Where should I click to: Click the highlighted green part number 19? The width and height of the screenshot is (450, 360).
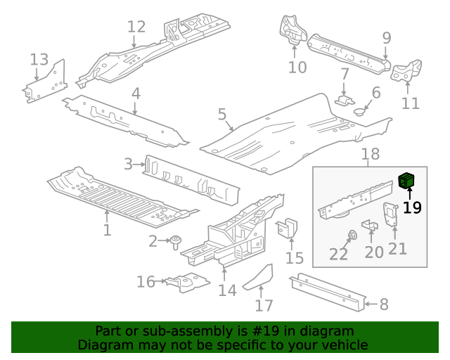(x=407, y=181)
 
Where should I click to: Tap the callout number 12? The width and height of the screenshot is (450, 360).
(x=136, y=27)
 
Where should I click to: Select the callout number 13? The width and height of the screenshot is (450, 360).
(x=39, y=59)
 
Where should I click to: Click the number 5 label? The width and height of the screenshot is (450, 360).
(x=221, y=114)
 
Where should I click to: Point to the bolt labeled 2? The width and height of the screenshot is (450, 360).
(x=175, y=241)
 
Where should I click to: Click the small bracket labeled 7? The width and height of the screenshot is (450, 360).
(x=345, y=99)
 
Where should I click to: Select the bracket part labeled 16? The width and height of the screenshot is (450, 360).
(x=184, y=282)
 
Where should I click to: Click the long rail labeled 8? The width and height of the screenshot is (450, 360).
(x=330, y=291)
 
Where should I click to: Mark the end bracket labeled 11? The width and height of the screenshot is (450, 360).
(x=407, y=71)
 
